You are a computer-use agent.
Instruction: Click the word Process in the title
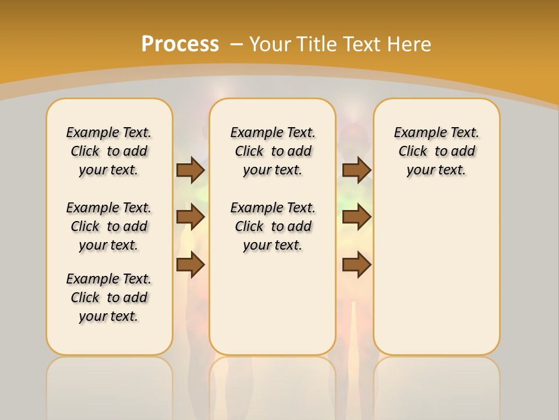click(x=180, y=44)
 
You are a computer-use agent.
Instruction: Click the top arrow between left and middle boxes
click(x=190, y=170)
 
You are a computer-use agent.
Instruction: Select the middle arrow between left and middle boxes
click(x=190, y=217)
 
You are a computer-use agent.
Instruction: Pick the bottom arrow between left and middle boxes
click(x=190, y=265)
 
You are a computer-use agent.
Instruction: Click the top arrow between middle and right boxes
click(x=356, y=170)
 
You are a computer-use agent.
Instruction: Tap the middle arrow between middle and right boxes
click(x=356, y=217)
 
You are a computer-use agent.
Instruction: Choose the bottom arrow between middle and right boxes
click(x=356, y=265)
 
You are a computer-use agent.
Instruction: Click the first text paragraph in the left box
click(x=109, y=151)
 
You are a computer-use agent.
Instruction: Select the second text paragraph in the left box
click(x=109, y=226)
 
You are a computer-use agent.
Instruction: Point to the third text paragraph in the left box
click(x=109, y=297)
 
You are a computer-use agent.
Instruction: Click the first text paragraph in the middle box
click(x=273, y=151)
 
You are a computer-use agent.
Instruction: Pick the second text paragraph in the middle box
click(x=273, y=226)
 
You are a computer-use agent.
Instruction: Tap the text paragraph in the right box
click(x=436, y=151)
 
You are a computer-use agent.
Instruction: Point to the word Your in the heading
click(x=271, y=44)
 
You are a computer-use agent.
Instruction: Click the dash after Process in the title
click(x=236, y=44)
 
